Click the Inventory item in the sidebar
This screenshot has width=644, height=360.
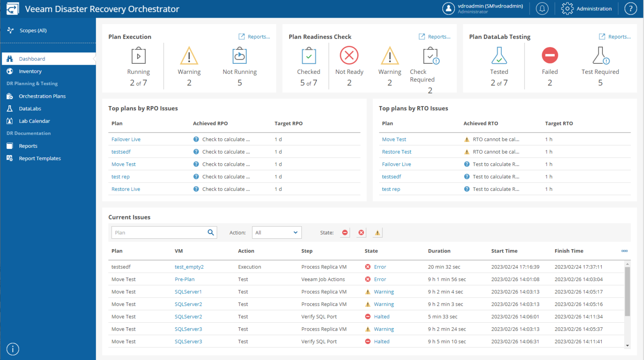(x=30, y=71)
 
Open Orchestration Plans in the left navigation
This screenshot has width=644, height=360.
(x=42, y=96)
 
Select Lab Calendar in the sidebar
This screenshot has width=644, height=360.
(x=34, y=121)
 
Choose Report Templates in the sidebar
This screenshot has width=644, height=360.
(x=39, y=158)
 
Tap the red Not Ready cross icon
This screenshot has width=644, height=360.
(x=349, y=55)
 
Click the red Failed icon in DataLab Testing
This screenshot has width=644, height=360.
(x=550, y=55)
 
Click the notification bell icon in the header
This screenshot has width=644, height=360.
(x=542, y=8)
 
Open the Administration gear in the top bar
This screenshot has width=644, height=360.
(x=567, y=8)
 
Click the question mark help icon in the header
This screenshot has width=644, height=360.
(x=631, y=8)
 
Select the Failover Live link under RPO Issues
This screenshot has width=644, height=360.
(x=126, y=139)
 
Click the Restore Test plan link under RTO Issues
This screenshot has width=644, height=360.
(x=396, y=152)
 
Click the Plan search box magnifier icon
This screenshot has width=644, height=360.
(x=211, y=232)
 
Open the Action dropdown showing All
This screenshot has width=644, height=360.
(x=276, y=232)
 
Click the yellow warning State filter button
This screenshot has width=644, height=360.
(x=377, y=232)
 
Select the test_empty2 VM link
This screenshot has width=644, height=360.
(x=189, y=267)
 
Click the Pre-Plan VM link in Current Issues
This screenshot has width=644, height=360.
(x=184, y=279)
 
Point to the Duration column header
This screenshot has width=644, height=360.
(x=439, y=251)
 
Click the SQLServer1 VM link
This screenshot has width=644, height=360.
(x=188, y=292)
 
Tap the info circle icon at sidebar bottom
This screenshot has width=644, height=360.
(x=13, y=349)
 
